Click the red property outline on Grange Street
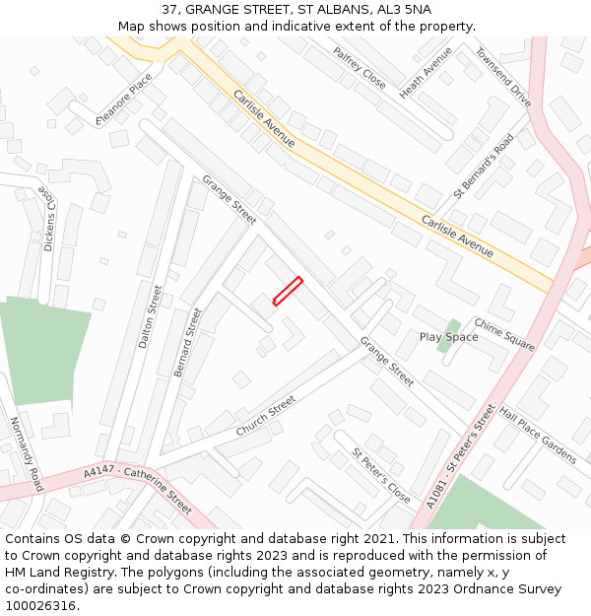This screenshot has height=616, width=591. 287,292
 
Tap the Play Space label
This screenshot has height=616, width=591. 448,337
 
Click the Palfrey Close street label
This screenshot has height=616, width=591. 359,68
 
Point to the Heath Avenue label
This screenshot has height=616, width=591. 426,72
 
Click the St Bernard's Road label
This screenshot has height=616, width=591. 484,165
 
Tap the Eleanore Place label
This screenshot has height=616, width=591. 124,100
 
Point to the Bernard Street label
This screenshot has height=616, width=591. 187,341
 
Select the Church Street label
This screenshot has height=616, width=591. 266,416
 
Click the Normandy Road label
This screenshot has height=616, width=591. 26,453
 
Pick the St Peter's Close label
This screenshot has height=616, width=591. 380,474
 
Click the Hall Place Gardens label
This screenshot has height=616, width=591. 538,435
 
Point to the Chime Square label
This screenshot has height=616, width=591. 504,334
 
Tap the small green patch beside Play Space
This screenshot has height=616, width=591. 452,327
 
